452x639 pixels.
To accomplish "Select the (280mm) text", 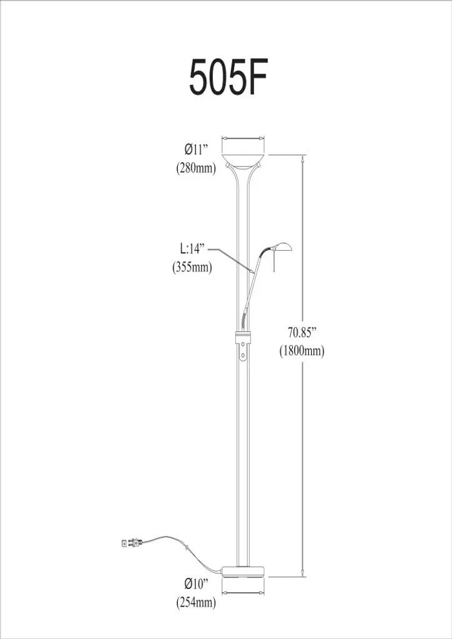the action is (195, 168).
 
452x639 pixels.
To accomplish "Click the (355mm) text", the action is (192, 267).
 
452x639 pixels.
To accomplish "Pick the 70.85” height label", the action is (302, 333).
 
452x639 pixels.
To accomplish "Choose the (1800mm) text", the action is (302, 351).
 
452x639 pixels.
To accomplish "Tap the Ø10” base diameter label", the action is (196, 584).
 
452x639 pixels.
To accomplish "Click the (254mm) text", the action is (195, 602).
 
